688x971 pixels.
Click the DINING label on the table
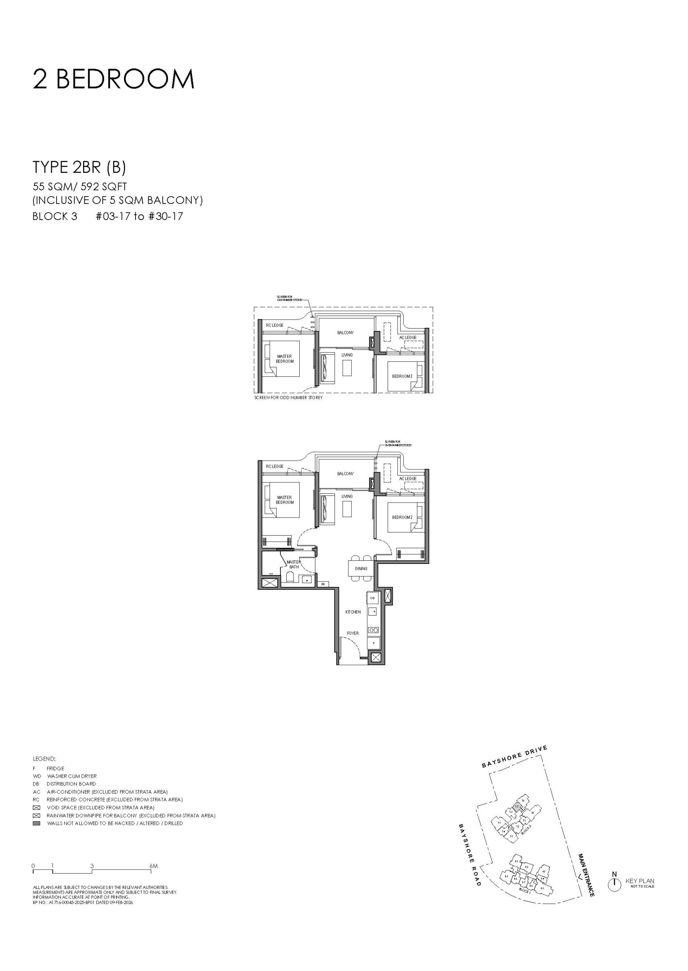(x=361, y=569)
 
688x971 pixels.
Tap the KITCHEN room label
(x=353, y=612)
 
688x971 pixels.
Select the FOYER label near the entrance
(x=353, y=633)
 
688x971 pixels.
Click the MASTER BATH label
(x=293, y=564)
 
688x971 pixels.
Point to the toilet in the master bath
(x=290, y=577)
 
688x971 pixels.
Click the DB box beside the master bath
(x=323, y=584)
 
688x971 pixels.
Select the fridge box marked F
(x=374, y=643)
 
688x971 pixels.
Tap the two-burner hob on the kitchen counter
(x=373, y=630)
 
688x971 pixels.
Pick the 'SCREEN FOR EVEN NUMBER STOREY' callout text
(x=398, y=444)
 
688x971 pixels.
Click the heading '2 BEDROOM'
(x=114, y=79)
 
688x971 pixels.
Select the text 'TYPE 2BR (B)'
(x=79, y=167)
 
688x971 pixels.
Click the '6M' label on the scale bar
(x=153, y=866)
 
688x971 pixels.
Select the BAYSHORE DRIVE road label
(x=514, y=757)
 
